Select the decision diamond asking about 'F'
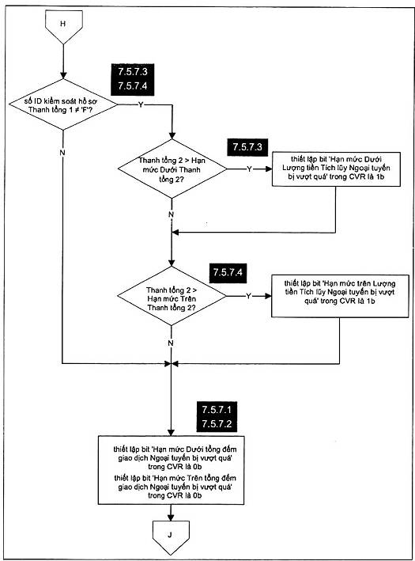[63, 104]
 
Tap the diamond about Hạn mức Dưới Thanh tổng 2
[172, 169]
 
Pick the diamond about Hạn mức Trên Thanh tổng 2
[172, 296]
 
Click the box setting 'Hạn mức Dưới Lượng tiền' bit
[336, 169]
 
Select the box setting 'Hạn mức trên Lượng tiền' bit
[340, 296]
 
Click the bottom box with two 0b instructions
[171, 470]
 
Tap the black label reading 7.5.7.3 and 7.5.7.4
[133, 78]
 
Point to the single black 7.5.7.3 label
[247, 146]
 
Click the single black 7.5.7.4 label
[228, 272]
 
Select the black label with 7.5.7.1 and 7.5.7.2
[217, 417]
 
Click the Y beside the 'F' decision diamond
[141, 104]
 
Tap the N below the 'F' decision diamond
[62, 153]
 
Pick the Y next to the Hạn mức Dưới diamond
[249, 169]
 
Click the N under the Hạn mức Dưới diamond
[172, 214]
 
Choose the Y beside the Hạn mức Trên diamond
[248, 296]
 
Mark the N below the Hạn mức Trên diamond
[171, 343]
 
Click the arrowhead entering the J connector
[171, 517]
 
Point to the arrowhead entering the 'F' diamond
[63, 75]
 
